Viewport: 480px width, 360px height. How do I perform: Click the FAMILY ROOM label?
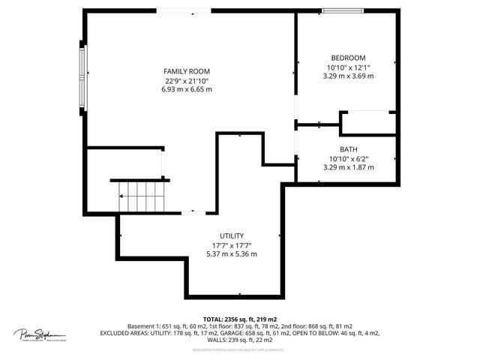coord(186,71)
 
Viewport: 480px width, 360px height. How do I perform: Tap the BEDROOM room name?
coord(348,58)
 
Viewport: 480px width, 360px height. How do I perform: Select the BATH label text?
coord(348,149)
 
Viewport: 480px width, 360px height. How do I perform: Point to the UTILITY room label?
coord(231,235)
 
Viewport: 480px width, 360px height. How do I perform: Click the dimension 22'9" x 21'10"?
coord(187,80)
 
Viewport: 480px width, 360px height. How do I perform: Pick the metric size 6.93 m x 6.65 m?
coord(187,89)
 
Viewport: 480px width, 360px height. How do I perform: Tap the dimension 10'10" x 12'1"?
coord(348,67)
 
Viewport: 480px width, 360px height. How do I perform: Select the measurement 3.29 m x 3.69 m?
coord(348,76)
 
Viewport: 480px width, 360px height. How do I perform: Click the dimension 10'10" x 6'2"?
coord(348,158)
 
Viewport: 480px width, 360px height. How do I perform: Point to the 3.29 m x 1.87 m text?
coord(348,167)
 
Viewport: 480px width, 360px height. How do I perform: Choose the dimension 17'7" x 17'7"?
coord(231,244)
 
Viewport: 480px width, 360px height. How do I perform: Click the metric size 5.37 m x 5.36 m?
coord(231,253)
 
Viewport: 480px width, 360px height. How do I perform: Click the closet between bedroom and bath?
coord(367,123)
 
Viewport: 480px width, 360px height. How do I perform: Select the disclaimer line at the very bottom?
coord(240,350)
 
